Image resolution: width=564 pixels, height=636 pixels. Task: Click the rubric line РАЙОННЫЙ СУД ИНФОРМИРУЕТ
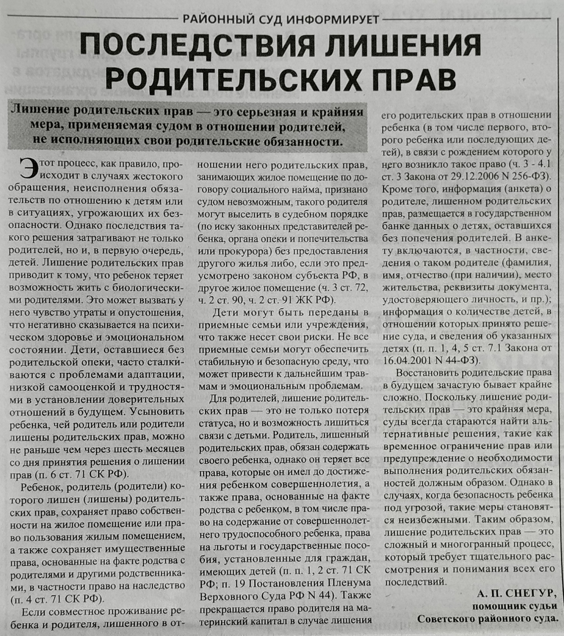[x=281, y=19]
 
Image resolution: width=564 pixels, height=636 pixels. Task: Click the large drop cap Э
[x=28, y=169]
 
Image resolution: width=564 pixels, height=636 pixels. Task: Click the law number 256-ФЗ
[x=534, y=176]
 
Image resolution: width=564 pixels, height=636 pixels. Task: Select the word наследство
[x=161, y=586]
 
